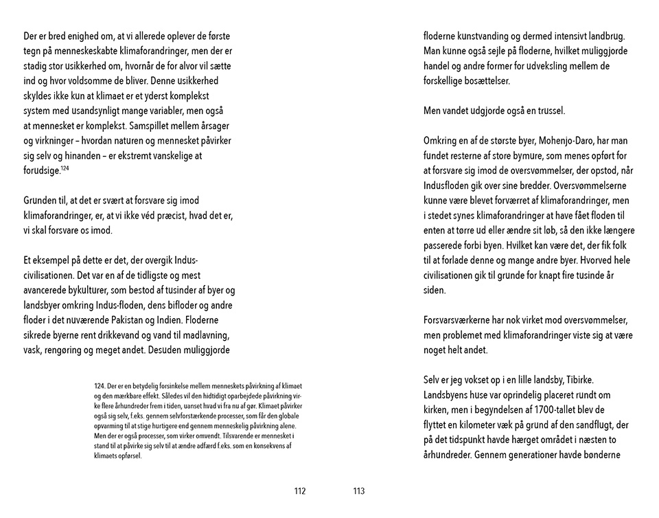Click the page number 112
(299, 491)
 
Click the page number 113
(358, 491)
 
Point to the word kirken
(439, 410)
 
